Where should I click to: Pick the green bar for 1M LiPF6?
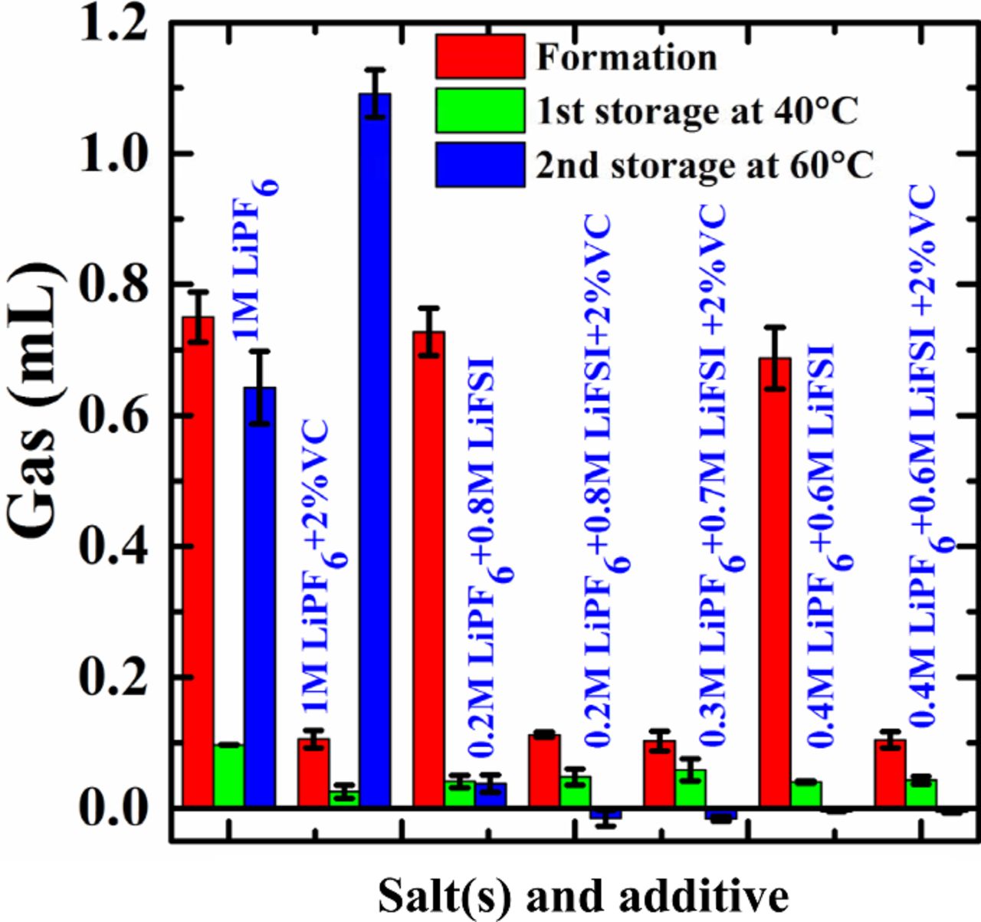tap(229, 776)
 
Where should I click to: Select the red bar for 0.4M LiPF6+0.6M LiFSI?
tap(775, 582)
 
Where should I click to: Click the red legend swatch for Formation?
tap(481, 57)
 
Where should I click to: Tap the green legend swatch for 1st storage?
tap(481, 110)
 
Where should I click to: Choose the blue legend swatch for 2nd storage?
tap(481, 164)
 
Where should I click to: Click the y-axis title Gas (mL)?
tap(34, 402)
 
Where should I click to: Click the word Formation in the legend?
tap(626, 58)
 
